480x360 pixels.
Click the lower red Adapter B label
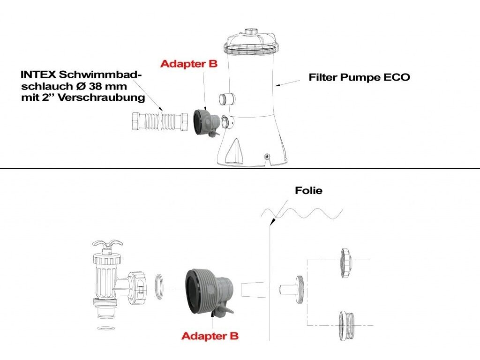tap(210, 336)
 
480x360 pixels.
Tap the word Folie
tap(308, 191)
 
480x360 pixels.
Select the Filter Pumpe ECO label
tap(359, 77)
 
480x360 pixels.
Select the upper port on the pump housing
tap(227, 99)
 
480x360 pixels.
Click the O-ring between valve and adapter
tap(160, 286)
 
